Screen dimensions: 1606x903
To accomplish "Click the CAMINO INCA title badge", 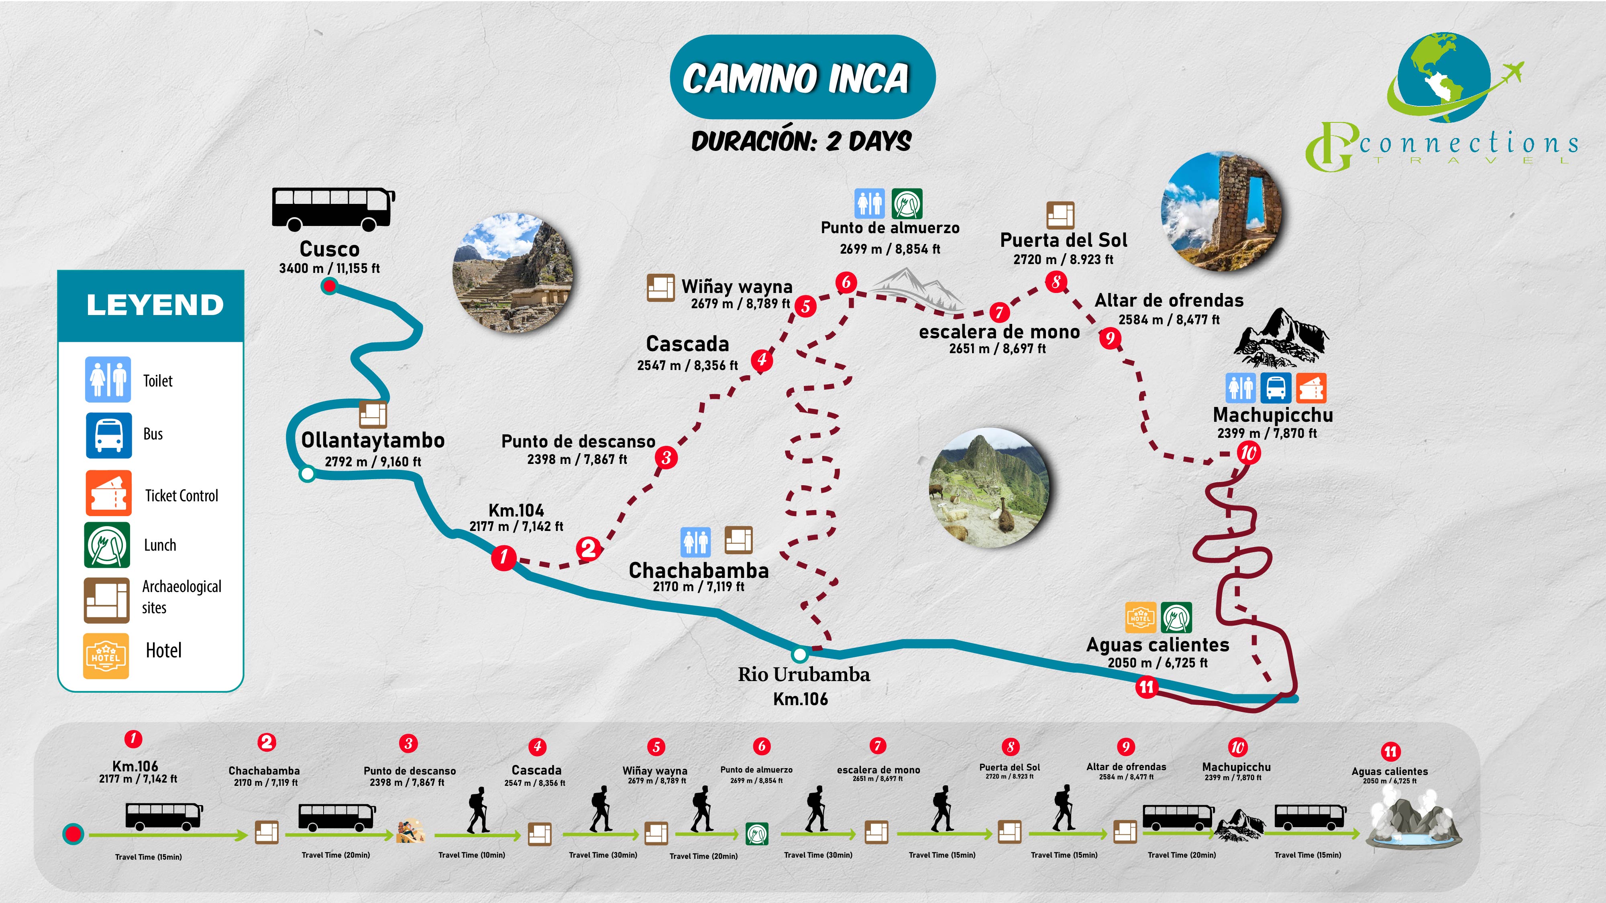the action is point(802,77).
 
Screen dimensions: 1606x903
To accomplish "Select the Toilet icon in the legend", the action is point(108,380).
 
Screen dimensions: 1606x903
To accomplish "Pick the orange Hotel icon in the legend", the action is point(106,656).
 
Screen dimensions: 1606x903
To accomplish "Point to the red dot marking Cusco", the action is point(329,286).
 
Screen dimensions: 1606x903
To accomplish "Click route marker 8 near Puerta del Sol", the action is point(1056,282).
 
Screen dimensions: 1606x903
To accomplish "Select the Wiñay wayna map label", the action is point(737,287).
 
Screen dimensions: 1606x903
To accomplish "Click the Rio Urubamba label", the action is point(804,674).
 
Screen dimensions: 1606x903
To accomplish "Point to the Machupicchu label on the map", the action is point(1273,415).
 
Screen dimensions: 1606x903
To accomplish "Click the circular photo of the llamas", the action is point(989,488).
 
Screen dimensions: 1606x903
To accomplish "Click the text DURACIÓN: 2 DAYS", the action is point(802,141).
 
